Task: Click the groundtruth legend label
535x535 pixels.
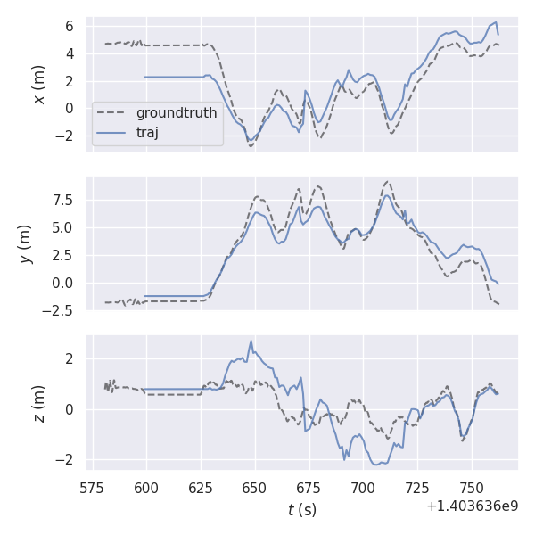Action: pyautogui.click(x=177, y=113)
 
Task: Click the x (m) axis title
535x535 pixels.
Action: pyautogui.click(x=38, y=84)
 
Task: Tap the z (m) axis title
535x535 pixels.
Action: pyautogui.click(x=38, y=403)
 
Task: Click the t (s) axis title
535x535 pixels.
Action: pyautogui.click(x=301, y=510)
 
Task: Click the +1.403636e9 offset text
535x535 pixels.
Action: pyautogui.click(x=472, y=506)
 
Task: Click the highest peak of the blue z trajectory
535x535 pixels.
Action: pyautogui.click(x=251, y=341)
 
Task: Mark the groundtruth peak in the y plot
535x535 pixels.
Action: pyautogui.click(x=387, y=182)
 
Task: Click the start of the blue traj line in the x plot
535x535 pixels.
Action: pyautogui.click(x=145, y=77)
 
